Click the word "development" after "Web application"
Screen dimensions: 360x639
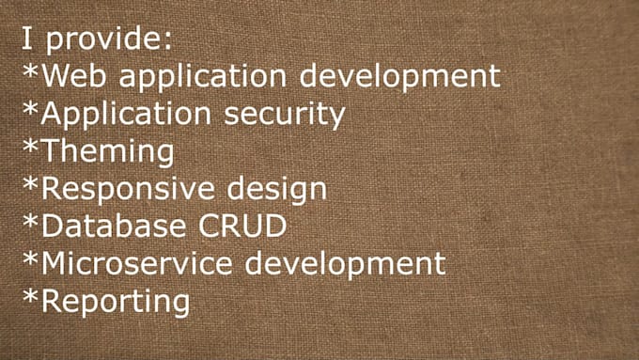(406, 75)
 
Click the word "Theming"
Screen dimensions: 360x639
(108, 151)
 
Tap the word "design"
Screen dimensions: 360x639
(277, 189)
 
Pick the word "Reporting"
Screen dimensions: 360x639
(116, 302)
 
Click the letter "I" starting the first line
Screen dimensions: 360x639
(27, 40)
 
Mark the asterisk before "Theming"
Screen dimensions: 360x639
(31, 147)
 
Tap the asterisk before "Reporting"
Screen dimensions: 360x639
(31, 296)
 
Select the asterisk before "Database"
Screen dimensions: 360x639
(31, 221)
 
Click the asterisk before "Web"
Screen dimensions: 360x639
(31, 70)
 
